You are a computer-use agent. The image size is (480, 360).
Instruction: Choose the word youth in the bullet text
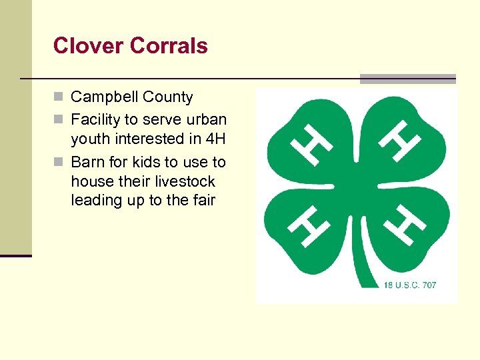coord(90,139)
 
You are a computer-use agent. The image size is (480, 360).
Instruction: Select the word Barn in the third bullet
coord(86,162)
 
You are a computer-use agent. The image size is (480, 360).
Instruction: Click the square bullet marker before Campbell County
coord(59,97)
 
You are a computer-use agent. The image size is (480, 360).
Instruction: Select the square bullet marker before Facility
coord(59,120)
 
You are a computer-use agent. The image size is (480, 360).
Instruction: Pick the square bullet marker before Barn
coord(59,162)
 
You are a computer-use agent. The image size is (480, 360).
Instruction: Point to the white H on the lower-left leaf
coord(311,225)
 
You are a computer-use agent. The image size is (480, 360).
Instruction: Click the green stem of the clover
coord(363,267)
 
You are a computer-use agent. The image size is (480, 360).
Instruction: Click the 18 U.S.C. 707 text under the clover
coord(410,285)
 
